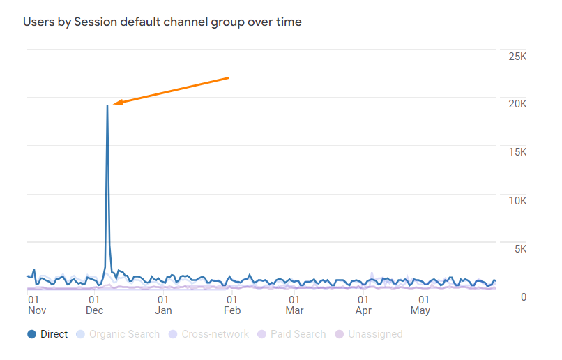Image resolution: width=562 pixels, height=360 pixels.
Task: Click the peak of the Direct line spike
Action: tap(107, 105)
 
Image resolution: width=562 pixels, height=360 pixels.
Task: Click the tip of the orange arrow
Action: tap(113, 105)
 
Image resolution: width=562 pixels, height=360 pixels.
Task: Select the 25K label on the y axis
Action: tap(517, 57)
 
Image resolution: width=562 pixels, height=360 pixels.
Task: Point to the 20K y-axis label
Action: tap(517, 104)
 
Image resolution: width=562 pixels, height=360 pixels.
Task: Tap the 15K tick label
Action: tap(517, 152)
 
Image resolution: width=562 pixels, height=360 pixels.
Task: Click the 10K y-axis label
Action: tap(517, 201)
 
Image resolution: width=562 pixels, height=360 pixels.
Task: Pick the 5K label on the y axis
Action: tap(520, 249)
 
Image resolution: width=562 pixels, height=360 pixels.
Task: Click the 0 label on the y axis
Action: tap(524, 297)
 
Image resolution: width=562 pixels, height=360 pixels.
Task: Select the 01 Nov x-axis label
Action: tap(37, 305)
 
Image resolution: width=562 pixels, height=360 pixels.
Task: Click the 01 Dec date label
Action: tap(94, 305)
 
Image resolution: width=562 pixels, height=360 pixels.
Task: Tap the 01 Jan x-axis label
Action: tap(163, 305)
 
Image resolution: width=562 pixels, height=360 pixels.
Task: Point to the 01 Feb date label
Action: tap(232, 305)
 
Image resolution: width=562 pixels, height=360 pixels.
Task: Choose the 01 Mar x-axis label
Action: tap(294, 305)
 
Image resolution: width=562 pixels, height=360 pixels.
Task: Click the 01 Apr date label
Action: tap(363, 305)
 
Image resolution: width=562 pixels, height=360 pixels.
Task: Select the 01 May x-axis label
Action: tap(420, 305)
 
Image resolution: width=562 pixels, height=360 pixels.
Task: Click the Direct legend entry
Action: tap(47, 334)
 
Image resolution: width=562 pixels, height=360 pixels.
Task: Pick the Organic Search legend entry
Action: tap(118, 334)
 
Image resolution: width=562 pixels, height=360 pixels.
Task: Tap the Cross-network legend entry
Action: tap(208, 334)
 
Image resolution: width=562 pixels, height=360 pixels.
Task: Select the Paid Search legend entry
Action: tap(291, 334)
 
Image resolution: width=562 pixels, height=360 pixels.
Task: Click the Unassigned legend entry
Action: tap(369, 334)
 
